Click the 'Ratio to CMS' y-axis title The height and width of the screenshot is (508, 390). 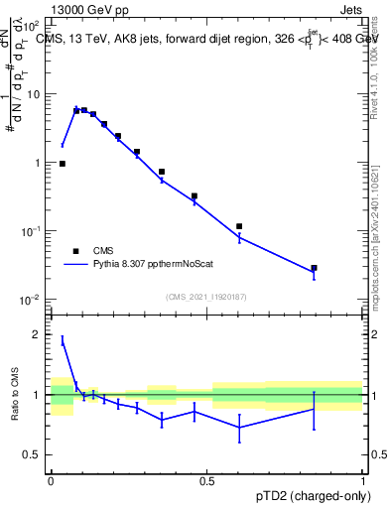(14, 394)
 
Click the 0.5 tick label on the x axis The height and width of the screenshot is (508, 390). (206, 479)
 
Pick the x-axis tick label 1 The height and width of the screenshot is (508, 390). (363, 479)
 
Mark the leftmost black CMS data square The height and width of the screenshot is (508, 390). (63, 164)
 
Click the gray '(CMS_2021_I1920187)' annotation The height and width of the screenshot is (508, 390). (206, 295)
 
